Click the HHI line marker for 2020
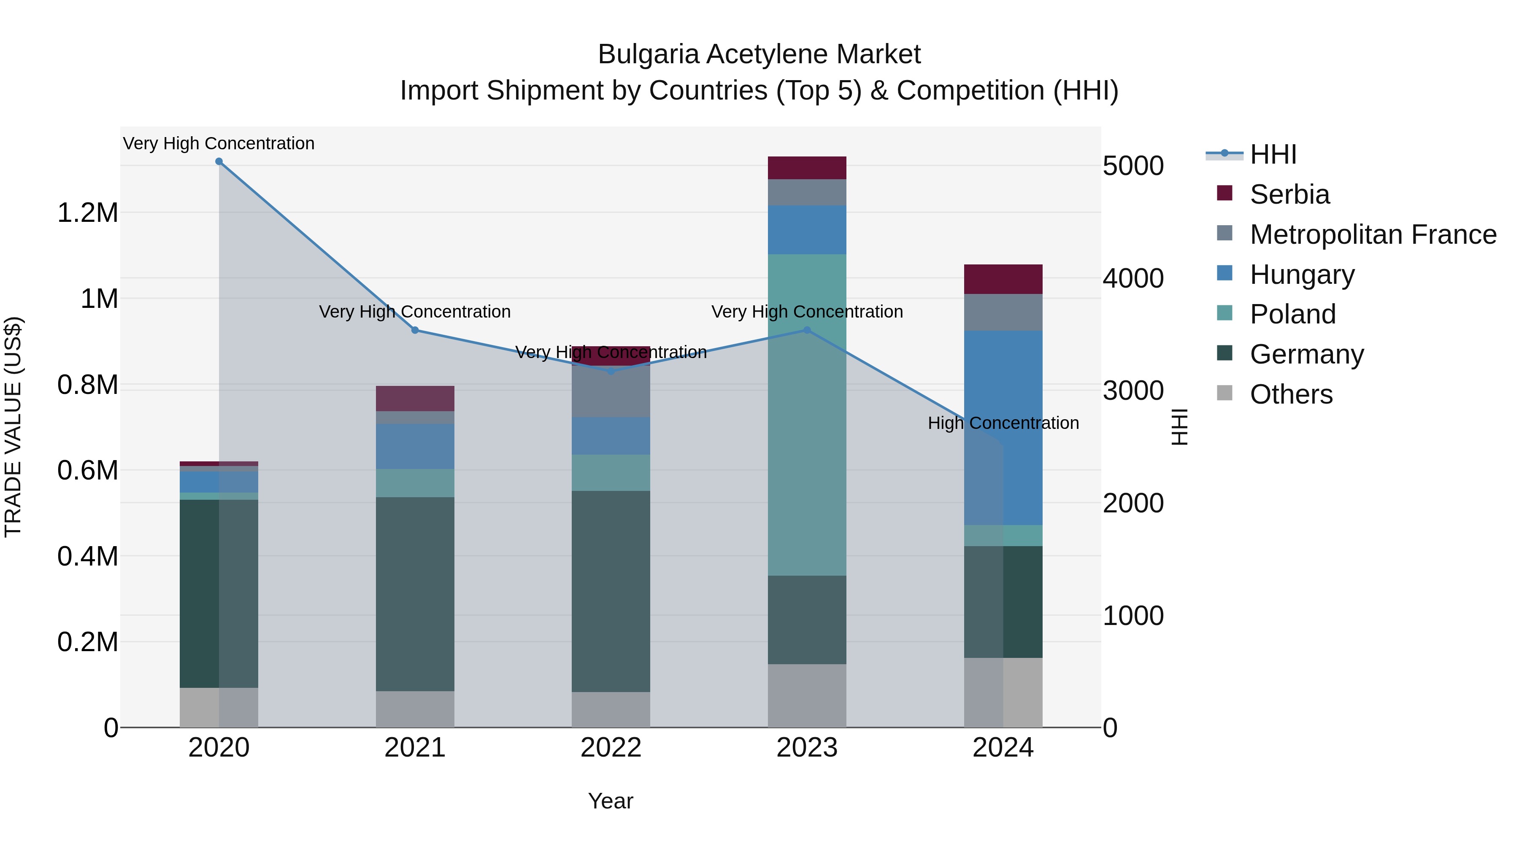tap(219, 162)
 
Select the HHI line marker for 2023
tap(807, 330)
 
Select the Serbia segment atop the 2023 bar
tap(807, 168)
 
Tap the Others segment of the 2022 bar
tap(611, 710)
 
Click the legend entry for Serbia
tap(1289, 194)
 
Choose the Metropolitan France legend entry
tap(1372, 234)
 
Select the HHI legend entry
tap(1273, 154)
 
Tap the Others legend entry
tap(1290, 394)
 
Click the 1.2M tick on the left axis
tap(88, 213)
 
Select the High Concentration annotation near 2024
tap(1003, 423)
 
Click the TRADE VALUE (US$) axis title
tap(13, 427)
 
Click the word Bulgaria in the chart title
tap(649, 55)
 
